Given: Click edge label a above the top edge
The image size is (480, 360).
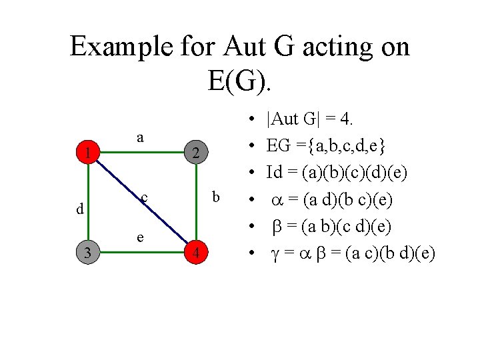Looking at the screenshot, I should click(140, 137).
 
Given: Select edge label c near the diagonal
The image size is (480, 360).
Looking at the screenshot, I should click(144, 198).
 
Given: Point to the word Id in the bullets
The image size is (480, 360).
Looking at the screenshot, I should click(274, 173).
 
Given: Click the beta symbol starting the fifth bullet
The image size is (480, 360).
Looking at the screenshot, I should click(278, 227).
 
